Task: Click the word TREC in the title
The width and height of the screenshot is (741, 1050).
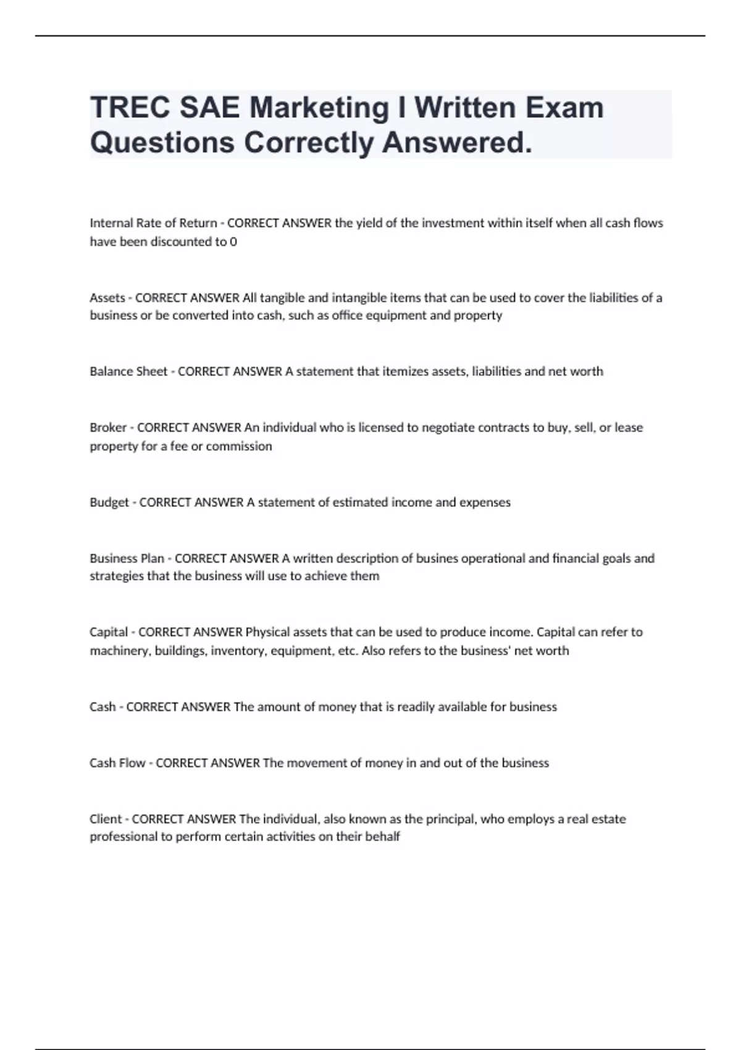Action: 130,108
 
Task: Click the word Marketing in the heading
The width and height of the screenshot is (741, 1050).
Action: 319,108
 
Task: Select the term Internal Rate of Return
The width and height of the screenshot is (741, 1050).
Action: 153,223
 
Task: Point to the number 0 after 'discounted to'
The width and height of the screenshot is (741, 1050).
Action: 233,241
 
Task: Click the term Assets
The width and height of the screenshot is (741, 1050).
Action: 107,298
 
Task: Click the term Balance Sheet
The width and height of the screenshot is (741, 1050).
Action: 128,371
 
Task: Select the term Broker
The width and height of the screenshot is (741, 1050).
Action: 108,427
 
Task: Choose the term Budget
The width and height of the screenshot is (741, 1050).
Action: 109,502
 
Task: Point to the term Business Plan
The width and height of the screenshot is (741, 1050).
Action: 127,558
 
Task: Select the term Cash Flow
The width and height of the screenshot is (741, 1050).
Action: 117,763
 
